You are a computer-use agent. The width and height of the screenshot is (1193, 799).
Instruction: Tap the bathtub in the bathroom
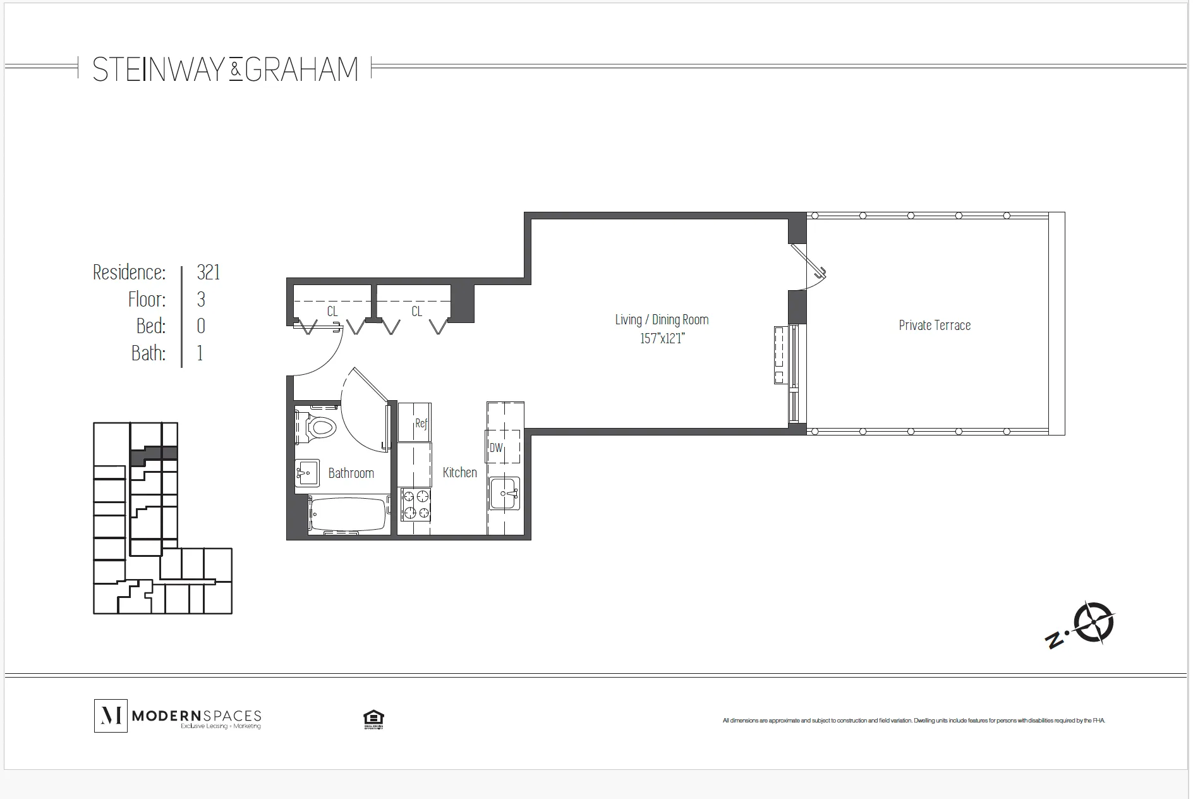click(348, 515)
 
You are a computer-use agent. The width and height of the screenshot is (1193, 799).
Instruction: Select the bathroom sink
click(307, 472)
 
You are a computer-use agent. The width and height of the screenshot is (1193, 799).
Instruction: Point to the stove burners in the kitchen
click(415, 504)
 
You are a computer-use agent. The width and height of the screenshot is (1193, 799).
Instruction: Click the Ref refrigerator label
click(421, 423)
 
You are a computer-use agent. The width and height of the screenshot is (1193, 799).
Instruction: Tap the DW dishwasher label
click(496, 448)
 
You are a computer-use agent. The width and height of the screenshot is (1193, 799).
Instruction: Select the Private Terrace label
click(934, 326)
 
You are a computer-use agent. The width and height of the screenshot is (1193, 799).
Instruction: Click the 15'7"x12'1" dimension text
click(662, 339)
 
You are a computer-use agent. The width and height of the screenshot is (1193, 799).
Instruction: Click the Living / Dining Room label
click(662, 320)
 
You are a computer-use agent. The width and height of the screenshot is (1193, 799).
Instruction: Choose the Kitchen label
click(459, 472)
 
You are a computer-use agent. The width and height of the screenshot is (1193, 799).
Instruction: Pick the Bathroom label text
click(351, 473)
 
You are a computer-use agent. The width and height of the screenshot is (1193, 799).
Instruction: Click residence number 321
click(209, 272)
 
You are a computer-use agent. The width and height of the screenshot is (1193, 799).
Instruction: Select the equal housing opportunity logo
click(373, 718)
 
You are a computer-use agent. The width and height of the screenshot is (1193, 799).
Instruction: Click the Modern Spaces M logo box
click(111, 716)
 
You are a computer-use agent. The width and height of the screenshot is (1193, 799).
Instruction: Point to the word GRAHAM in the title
click(301, 69)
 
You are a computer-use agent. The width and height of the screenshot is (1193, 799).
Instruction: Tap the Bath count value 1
click(200, 353)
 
